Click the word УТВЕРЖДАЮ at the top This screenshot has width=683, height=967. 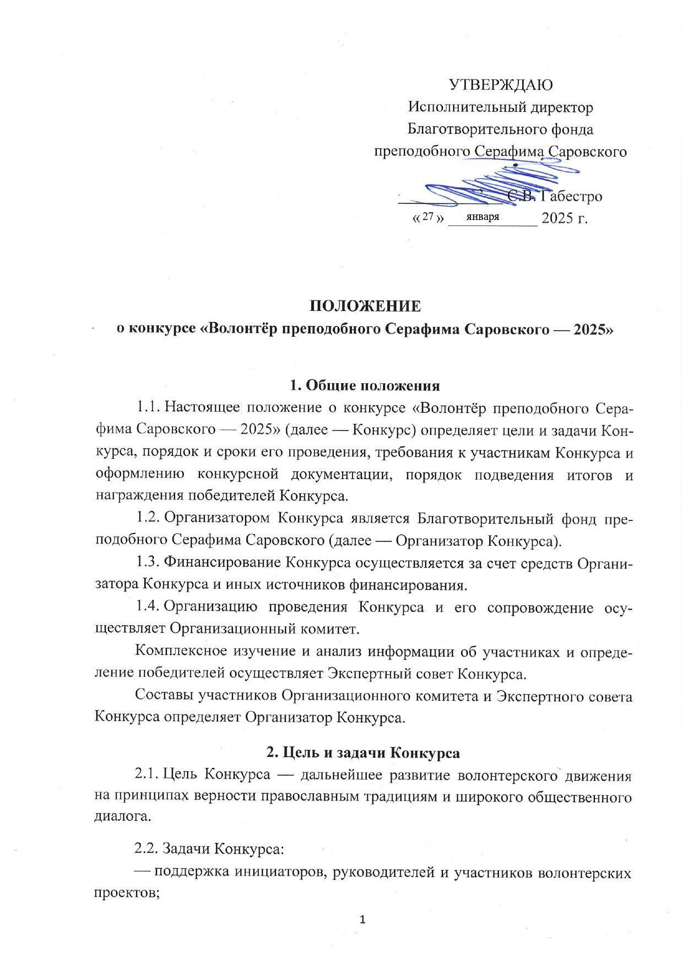[501, 84]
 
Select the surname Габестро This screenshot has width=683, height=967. [571, 196]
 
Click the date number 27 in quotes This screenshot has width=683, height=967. [428, 217]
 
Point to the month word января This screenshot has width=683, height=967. [483, 217]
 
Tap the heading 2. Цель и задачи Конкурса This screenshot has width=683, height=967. [363, 752]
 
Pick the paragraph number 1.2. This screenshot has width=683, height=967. [148, 518]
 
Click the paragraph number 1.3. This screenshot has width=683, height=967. [148, 562]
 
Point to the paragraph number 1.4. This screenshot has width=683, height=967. [148, 607]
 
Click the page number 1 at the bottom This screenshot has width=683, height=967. [362, 919]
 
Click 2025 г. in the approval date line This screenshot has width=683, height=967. [565, 218]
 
